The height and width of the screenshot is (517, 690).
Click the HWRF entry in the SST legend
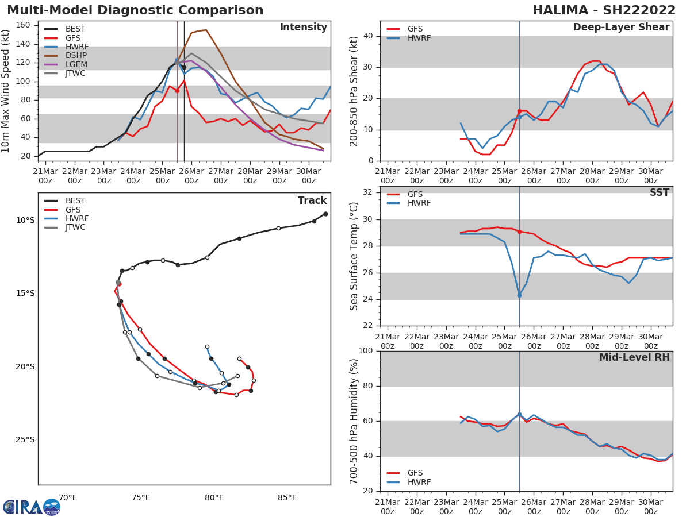(419, 203)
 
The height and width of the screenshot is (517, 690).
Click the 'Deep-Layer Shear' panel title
(621, 28)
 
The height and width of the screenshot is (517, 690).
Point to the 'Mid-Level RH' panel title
(634, 358)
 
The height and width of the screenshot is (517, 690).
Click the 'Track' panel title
(312, 201)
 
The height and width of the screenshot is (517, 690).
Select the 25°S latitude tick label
(25, 440)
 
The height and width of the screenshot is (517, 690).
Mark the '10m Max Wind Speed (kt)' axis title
(6, 91)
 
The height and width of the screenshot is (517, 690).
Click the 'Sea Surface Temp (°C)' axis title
(355, 256)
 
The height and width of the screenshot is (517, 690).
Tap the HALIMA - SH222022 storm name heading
(604, 10)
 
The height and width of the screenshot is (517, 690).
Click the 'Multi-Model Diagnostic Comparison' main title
(135, 10)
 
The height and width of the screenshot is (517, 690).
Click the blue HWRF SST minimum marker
(519, 295)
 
